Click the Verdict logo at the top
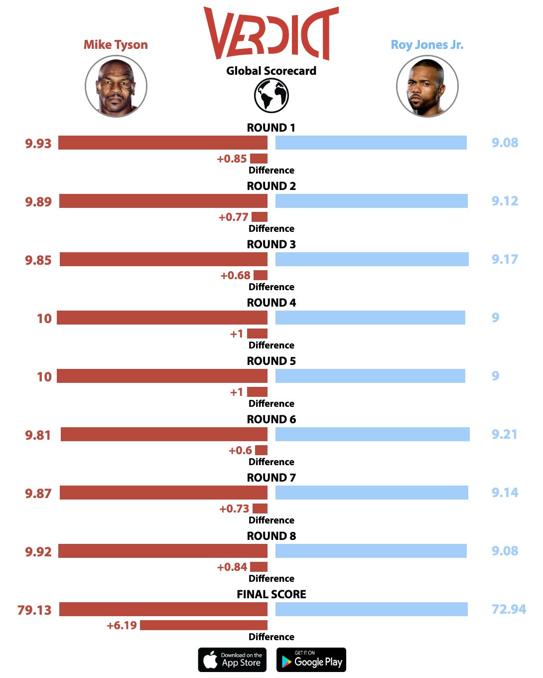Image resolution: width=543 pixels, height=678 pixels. coord(271,33)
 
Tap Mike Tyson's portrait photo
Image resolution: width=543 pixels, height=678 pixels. coord(116,86)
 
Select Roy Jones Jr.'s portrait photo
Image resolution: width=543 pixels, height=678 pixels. coord(427,86)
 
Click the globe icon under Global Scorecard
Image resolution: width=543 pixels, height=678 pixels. coord(271,95)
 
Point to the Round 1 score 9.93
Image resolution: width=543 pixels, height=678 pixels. coord(38,144)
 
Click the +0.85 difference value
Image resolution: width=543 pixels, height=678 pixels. coord(232,159)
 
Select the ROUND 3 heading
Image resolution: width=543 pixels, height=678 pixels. coord(271,244)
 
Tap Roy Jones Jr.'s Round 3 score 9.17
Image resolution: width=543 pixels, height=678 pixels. coord(505,259)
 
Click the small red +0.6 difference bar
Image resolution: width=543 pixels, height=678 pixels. coord(261,450)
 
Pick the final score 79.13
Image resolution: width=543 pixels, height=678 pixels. coord(34,610)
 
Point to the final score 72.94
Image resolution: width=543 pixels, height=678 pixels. coord(509,609)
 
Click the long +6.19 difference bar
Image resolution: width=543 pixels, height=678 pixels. coord(204,625)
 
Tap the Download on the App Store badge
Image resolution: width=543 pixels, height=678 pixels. coord(232,660)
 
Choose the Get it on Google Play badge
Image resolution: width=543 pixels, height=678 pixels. coord(311,660)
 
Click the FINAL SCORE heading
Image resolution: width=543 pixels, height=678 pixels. coord(271,594)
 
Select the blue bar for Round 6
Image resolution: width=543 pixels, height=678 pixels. coord(372,434)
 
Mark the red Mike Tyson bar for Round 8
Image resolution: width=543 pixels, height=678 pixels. coord(163,551)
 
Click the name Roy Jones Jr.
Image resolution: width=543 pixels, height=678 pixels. coord(427,45)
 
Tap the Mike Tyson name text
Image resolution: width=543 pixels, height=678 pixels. coord(116,45)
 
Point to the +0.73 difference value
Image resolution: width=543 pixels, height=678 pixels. coord(234,509)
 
